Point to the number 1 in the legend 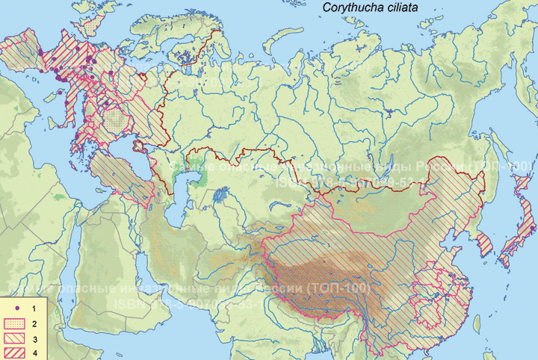(34, 308)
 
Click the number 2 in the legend (34, 323)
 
